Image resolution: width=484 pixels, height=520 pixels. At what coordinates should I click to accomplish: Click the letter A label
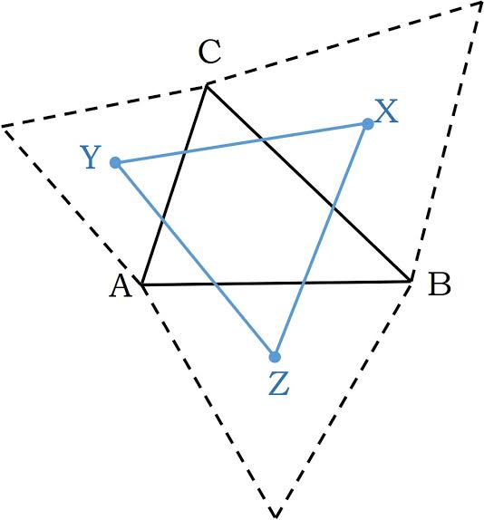[121, 286]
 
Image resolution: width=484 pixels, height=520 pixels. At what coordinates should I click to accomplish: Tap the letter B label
[440, 284]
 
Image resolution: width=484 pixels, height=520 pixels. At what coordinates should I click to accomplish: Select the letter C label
[209, 52]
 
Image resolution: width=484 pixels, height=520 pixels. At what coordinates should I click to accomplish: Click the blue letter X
[386, 111]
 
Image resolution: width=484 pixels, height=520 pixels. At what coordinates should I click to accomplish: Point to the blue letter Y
[91, 158]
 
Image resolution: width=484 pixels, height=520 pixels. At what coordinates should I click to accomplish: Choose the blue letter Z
[278, 384]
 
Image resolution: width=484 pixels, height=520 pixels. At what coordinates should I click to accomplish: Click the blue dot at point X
[368, 124]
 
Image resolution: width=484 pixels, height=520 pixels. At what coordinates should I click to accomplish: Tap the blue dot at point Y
[115, 163]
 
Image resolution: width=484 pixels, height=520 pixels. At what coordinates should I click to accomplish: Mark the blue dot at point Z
[275, 357]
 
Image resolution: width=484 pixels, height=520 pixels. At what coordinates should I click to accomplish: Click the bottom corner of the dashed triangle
[276, 516]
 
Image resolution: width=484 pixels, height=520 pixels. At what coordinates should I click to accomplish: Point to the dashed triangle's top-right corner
[481, 3]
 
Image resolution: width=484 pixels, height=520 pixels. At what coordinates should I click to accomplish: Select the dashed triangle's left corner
[3, 126]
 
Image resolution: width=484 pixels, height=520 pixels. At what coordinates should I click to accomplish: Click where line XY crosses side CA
[184, 153]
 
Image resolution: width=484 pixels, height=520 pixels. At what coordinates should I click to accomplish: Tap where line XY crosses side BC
[264, 140]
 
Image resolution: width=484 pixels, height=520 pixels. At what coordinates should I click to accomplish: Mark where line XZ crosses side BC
[334, 208]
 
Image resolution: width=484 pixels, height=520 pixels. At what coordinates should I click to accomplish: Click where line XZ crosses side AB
[303, 283]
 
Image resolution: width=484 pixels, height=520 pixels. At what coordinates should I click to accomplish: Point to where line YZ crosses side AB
[215, 284]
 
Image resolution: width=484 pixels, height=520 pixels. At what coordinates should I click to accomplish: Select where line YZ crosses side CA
[162, 219]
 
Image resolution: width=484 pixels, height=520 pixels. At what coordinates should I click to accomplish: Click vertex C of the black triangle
[207, 86]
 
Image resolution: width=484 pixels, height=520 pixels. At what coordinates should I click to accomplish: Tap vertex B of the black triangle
[411, 281]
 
